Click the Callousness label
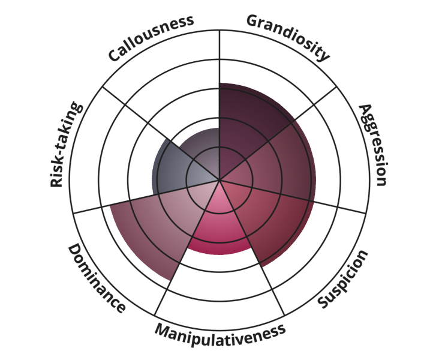(151, 38)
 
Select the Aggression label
(374, 145)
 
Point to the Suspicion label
(342, 279)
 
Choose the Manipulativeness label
(220, 334)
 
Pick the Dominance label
(97, 278)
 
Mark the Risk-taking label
(66, 145)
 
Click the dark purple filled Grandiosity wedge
(246, 123)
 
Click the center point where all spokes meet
(220, 179)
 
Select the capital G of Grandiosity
(253, 20)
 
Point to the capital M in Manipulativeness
(163, 331)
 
